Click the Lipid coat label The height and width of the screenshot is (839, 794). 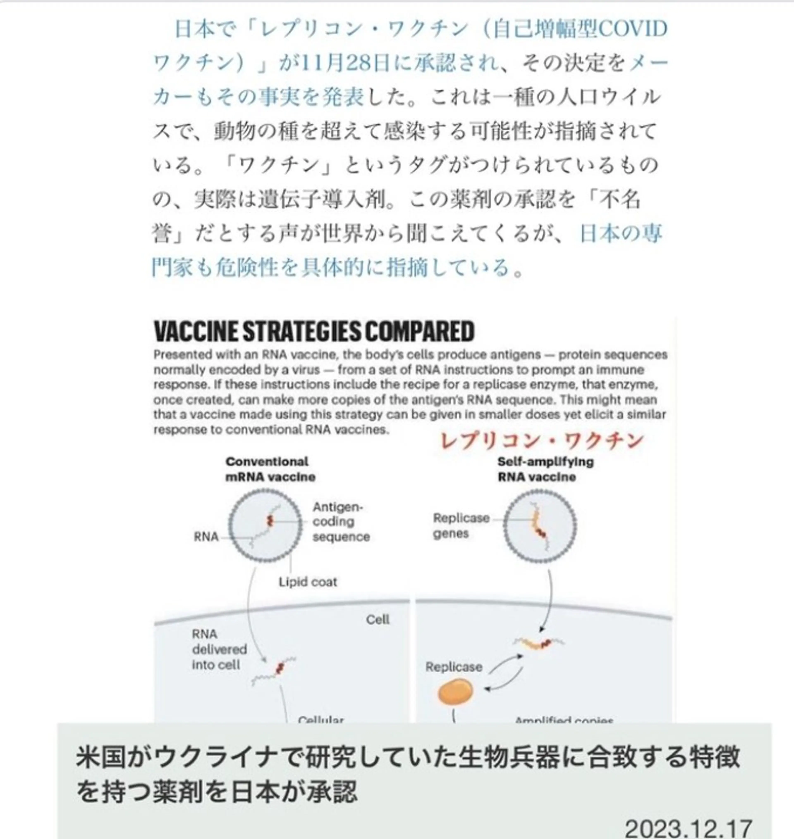(x=308, y=582)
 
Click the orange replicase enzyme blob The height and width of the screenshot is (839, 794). (x=454, y=692)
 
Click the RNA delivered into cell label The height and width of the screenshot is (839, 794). (x=219, y=649)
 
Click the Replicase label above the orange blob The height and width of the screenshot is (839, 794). (x=453, y=667)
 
